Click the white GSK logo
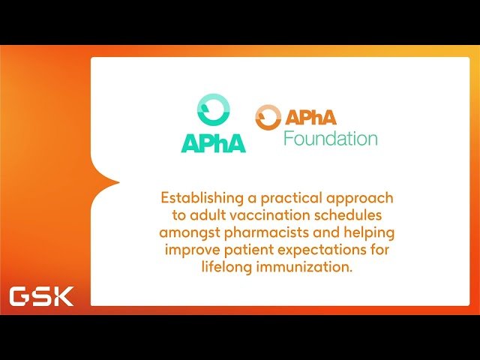[x=41, y=296]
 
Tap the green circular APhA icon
[x=214, y=112]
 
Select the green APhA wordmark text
[x=213, y=142]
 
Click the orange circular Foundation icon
[x=268, y=118]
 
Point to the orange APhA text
[x=310, y=117]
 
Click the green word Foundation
[x=330, y=139]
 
